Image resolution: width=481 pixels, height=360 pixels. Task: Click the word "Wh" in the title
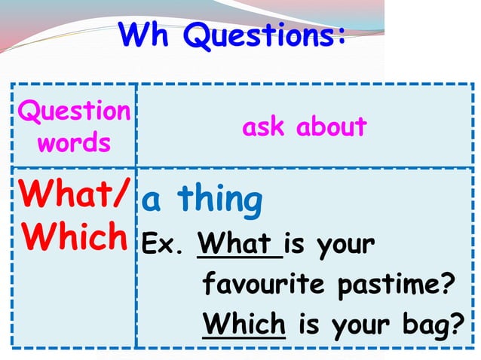point(148,35)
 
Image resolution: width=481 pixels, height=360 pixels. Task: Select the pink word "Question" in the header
point(74,112)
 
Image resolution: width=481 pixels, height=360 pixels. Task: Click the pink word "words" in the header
point(74,142)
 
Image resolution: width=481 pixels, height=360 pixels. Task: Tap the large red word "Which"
point(74,237)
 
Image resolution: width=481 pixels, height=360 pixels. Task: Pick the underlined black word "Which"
point(244,325)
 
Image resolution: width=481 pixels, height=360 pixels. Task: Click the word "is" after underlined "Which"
point(308,325)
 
